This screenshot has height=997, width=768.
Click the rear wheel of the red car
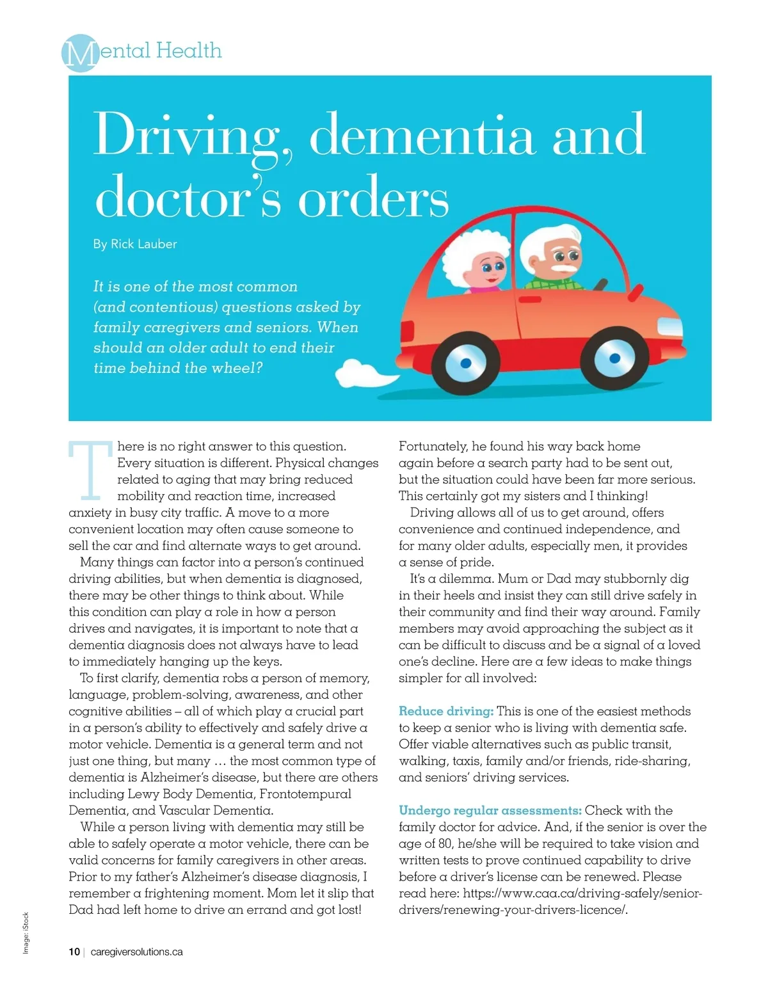pyautogui.click(x=465, y=363)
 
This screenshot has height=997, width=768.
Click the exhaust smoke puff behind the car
pyautogui.click(x=361, y=374)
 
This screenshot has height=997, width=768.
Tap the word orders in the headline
pyautogui.click(x=374, y=199)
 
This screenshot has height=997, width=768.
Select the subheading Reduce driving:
pyautogui.click(x=445, y=711)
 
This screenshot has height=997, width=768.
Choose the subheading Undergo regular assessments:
pyautogui.click(x=490, y=810)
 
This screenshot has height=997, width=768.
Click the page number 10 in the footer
pyautogui.click(x=74, y=952)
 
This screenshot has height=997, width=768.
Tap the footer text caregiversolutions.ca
pyautogui.click(x=137, y=952)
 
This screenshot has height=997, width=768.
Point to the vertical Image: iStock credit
pyautogui.click(x=26, y=932)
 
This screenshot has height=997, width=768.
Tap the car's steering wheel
pyautogui.click(x=600, y=283)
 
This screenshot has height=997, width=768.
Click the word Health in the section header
pyautogui.click(x=189, y=50)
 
